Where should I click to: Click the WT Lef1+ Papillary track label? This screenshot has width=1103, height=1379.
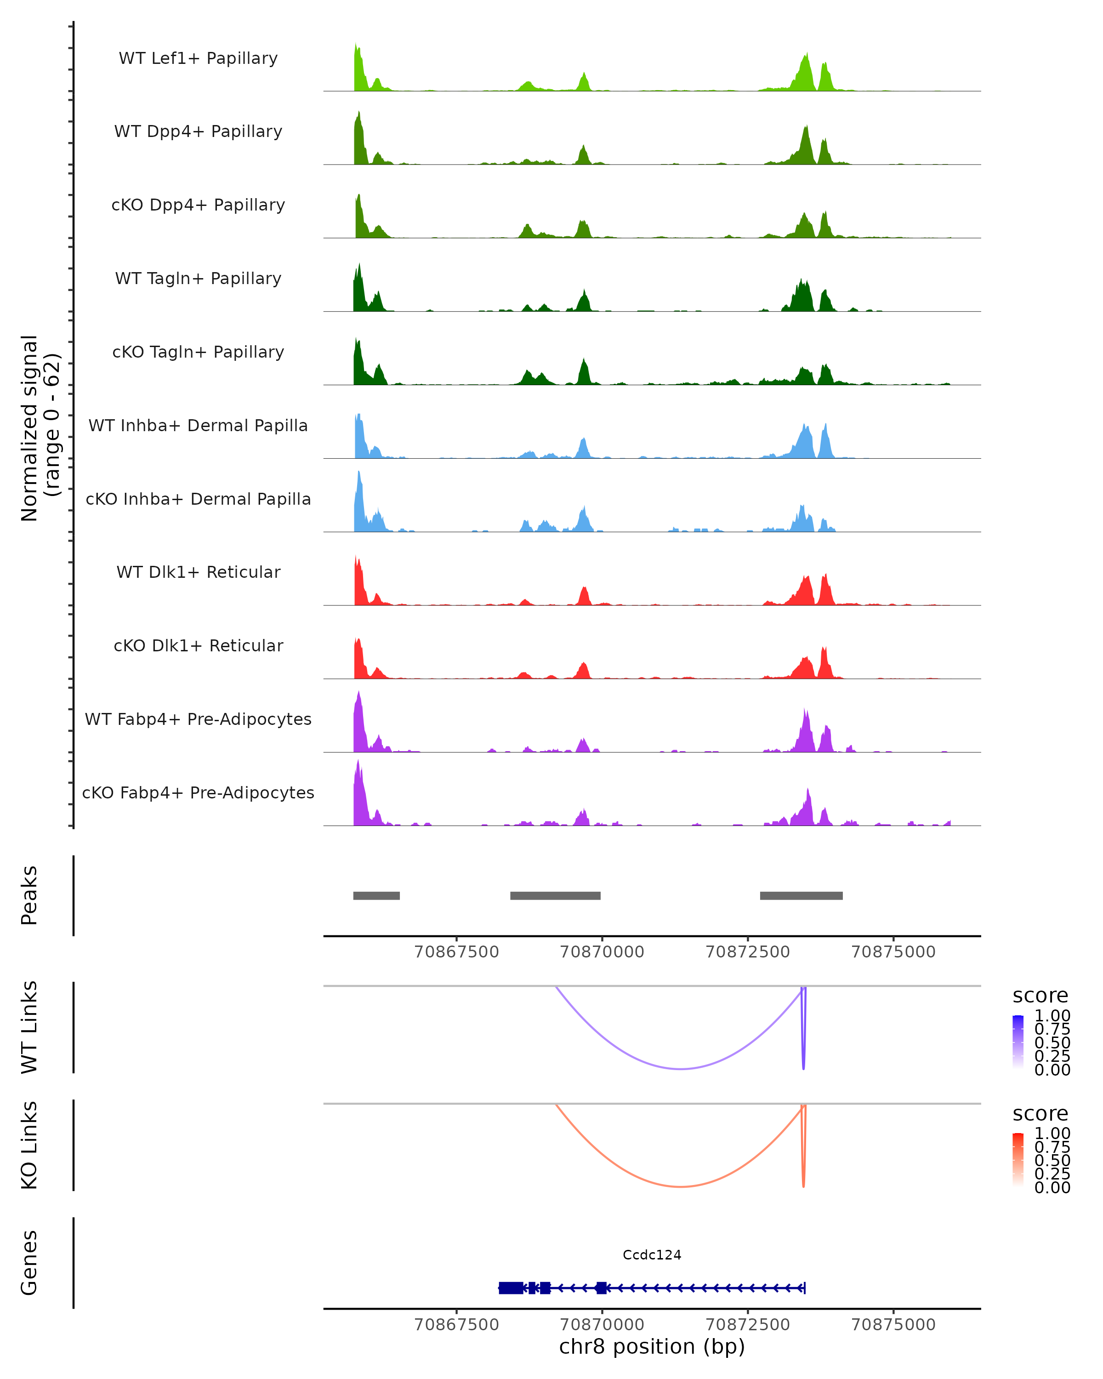pos(198,58)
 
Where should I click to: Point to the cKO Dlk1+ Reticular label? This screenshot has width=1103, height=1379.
pos(198,645)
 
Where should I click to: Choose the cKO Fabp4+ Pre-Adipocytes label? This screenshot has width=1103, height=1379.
pos(198,792)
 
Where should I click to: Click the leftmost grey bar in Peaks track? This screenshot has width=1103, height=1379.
pos(376,895)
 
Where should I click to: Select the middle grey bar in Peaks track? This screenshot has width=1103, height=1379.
pos(555,895)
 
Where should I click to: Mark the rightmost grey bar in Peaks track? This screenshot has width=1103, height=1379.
pos(801,895)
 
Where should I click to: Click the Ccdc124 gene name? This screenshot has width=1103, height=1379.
pos(652,1255)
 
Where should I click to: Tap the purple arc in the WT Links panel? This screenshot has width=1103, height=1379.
pos(681,1069)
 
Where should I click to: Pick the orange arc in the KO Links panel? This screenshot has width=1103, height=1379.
pos(681,1186)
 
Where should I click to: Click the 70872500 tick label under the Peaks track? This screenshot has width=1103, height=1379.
pos(747,952)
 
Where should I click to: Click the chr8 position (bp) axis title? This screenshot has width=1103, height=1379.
pos(652,1346)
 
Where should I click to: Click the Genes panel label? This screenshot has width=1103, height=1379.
pos(29,1263)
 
